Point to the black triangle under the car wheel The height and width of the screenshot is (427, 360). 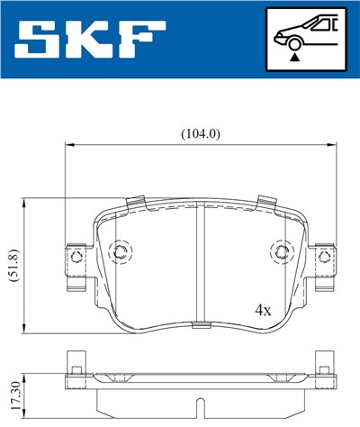tap(293, 55)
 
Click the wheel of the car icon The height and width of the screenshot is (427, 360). tap(293, 41)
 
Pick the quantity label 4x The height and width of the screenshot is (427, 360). tap(263, 310)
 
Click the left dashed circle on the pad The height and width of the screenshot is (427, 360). tap(119, 251)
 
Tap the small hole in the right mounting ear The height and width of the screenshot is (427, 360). tap(325, 259)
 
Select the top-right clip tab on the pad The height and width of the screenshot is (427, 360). tap(265, 204)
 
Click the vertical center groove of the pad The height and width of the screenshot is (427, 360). tap(200, 261)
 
